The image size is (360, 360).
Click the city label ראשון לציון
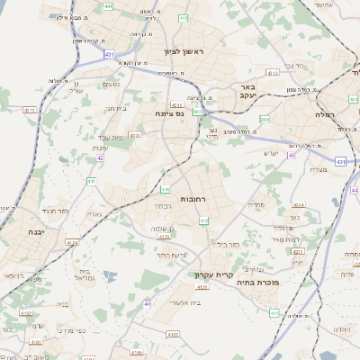[184, 52]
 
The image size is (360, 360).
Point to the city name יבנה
[26, 230]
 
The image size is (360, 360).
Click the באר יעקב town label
[247, 92]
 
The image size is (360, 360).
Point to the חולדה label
[342, 329]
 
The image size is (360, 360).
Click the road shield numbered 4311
[30, 110]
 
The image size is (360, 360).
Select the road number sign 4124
[72, 242]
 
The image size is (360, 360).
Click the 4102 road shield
[26, 314]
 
